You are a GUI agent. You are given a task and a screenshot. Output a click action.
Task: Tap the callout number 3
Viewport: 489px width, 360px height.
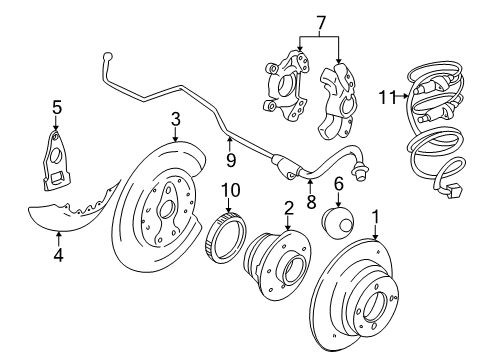(175, 122)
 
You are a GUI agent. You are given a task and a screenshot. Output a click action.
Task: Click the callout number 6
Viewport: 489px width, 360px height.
(339, 185)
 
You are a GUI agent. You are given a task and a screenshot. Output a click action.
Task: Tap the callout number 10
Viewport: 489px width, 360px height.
(228, 189)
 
